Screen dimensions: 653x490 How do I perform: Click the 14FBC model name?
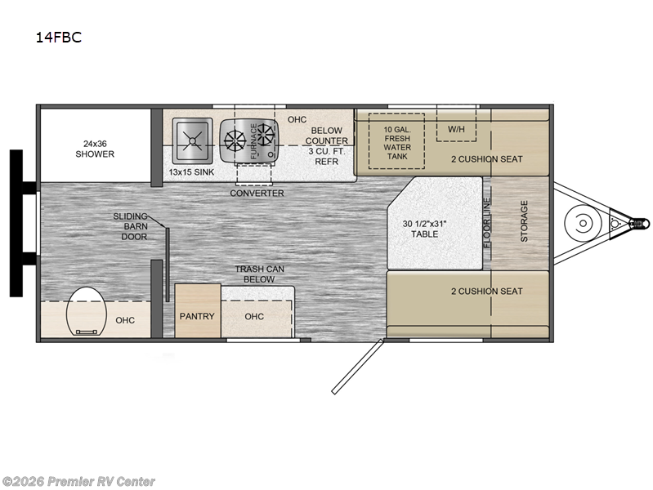tap(58, 38)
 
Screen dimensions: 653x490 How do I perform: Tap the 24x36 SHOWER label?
tap(95, 149)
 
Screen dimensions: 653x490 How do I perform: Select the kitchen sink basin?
tap(192, 140)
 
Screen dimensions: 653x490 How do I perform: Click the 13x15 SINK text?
tap(191, 172)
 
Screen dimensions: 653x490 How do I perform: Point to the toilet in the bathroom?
tap(87, 311)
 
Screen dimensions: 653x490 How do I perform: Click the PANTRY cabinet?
tap(198, 310)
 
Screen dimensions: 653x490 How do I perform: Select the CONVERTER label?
tap(257, 194)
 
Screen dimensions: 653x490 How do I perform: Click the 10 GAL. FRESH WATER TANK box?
tap(397, 141)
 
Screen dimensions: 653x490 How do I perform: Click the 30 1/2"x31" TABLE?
tap(435, 223)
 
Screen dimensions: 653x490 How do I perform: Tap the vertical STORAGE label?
tap(524, 221)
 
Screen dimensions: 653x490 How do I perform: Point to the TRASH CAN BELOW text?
tap(259, 274)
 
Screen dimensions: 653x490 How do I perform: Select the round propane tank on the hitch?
tap(583, 223)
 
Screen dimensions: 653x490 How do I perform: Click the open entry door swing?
tap(357, 367)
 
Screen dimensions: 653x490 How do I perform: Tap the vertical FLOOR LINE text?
tap(487, 223)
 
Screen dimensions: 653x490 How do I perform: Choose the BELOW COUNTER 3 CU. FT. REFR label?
tap(327, 145)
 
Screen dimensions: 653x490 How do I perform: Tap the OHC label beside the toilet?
tap(125, 320)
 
